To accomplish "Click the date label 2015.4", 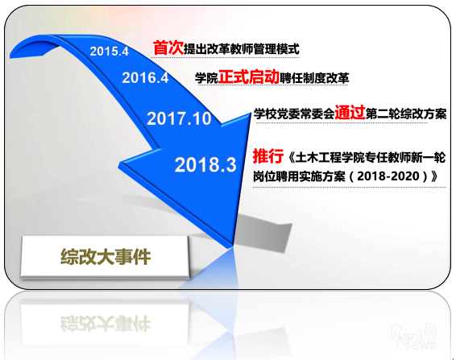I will (109, 52).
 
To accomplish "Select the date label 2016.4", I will (146, 78).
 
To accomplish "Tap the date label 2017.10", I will (179, 119).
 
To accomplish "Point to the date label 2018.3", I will (205, 165).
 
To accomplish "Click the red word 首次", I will (168, 48).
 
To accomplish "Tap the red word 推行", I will (267, 155).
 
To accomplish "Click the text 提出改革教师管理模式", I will (242, 49).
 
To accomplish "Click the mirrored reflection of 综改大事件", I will (106, 317).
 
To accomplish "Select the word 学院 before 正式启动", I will (206, 79).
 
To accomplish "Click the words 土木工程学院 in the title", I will (326, 156).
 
